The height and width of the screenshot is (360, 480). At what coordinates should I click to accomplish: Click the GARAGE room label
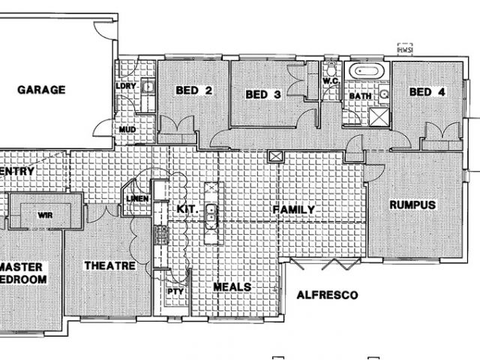tap(42, 90)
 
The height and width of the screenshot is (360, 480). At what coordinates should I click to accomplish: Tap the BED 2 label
tap(193, 91)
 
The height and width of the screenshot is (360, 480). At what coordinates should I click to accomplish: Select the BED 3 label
tap(263, 95)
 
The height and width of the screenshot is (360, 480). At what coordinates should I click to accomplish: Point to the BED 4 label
tap(427, 92)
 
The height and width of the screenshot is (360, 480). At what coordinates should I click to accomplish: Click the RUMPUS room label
tap(412, 204)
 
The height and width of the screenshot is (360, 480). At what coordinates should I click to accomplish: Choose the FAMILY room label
tap(293, 208)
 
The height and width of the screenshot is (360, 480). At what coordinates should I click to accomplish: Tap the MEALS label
tap(232, 287)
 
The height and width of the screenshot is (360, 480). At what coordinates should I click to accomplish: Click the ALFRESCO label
tap(325, 294)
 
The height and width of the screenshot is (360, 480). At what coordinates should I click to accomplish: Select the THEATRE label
tap(109, 266)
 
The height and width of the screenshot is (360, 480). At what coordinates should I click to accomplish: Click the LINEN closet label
tap(137, 199)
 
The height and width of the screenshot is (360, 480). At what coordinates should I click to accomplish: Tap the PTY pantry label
tap(175, 291)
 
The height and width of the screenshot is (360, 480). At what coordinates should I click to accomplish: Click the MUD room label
tap(127, 130)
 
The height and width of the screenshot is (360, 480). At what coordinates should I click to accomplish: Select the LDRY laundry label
tap(125, 85)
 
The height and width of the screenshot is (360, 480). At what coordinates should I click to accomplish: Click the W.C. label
tap(331, 80)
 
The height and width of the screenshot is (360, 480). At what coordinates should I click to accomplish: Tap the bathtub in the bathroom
tap(369, 73)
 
